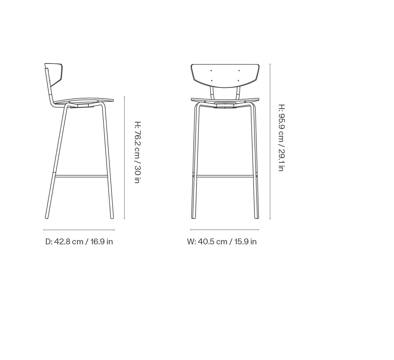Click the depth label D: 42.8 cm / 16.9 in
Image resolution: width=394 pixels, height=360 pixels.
(79, 242)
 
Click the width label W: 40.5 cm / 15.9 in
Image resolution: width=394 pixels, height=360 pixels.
(222, 242)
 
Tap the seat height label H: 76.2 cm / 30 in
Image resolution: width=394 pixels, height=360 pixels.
(137, 152)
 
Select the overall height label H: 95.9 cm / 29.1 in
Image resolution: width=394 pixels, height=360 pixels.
(281, 138)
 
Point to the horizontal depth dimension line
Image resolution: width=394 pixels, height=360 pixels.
(79, 230)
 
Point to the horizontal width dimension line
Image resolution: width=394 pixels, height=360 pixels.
(224, 230)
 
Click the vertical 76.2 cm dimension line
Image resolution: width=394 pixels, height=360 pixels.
(125, 157)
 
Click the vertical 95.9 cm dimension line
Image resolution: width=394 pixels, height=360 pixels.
(270, 141)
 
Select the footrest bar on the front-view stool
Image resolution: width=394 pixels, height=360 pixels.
(225, 177)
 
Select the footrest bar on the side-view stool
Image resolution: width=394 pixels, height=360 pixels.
(81, 177)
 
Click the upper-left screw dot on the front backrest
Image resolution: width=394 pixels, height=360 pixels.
(211, 70)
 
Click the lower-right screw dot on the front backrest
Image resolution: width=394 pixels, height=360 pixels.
(239, 80)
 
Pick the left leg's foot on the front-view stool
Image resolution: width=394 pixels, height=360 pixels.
(193, 217)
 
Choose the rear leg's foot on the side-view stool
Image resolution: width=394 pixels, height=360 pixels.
(47, 217)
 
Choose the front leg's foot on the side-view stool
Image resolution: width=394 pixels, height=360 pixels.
(112, 217)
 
